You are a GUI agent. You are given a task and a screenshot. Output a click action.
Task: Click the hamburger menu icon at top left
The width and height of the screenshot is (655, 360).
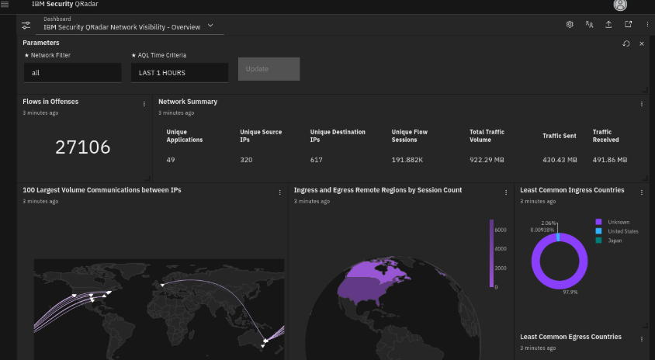(x=5, y=5)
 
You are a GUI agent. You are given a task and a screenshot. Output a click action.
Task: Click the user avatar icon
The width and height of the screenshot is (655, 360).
(x=620, y=5)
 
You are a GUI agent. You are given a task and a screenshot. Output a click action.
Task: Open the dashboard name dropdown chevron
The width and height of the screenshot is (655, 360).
(x=210, y=26)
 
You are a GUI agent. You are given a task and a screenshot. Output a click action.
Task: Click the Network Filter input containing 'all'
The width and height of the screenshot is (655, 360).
(x=72, y=72)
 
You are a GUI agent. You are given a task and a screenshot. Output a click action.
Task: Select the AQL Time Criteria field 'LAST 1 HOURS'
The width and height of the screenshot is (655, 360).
(x=179, y=72)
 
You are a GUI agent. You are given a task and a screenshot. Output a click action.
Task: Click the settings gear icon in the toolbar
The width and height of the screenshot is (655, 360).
(x=570, y=25)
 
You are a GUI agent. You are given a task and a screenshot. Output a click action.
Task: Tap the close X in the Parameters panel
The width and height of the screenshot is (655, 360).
(x=642, y=43)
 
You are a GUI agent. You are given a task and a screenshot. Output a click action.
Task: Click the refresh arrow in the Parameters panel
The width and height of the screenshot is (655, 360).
(x=626, y=43)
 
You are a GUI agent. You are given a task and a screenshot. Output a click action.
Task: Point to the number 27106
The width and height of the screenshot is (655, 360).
(x=83, y=147)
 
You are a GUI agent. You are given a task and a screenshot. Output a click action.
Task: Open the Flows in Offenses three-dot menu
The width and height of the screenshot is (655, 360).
(x=144, y=103)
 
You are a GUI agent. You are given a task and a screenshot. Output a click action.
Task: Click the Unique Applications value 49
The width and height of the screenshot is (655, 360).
(x=171, y=160)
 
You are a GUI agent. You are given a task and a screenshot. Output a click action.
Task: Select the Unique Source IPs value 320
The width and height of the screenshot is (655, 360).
(x=247, y=160)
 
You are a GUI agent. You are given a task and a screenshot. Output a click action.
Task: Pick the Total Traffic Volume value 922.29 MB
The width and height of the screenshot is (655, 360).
(x=487, y=160)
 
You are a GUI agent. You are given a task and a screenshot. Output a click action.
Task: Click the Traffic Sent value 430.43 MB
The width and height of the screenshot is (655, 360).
(x=560, y=160)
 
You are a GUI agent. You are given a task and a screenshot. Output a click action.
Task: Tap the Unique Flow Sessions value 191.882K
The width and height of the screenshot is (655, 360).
(x=407, y=160)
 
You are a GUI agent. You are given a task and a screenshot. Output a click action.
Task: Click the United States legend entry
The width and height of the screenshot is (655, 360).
(x=623, y=231)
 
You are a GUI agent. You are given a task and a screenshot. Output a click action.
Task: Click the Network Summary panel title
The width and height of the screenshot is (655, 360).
(x=188, y=102)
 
